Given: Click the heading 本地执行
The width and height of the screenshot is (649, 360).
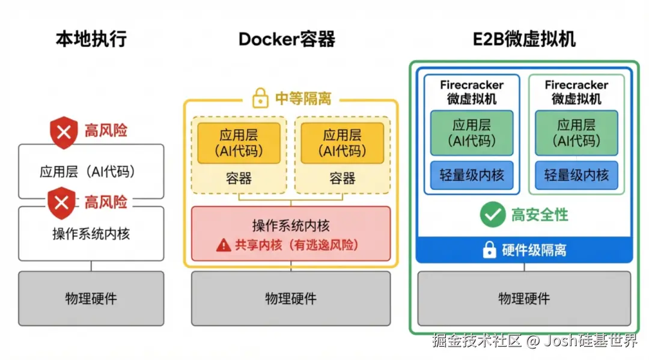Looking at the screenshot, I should coord(91,40).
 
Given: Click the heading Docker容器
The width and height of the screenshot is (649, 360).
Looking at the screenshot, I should coord(287,40).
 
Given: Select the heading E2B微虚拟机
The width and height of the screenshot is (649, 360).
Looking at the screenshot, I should coord(524,40).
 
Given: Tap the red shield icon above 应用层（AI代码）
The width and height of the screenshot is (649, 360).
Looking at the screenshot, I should coord(63,132).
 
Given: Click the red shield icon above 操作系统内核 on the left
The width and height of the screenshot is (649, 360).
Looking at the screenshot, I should coord(62,203).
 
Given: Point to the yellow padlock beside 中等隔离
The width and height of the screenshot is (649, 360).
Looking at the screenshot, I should coord(260,99).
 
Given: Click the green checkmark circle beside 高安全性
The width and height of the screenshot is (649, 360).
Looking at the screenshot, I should coord(492,215).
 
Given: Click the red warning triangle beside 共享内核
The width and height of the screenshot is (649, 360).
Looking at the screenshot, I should coord(224,245).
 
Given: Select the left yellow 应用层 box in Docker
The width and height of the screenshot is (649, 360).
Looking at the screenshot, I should coord(239,143).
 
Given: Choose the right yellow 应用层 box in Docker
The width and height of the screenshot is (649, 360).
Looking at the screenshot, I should coord(342,143).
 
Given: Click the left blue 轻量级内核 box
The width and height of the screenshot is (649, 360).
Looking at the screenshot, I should coord(472,175).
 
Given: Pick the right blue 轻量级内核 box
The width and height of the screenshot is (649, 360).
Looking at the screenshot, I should coord(576,175).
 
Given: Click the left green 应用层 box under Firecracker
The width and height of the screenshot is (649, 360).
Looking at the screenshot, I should coord(472,132).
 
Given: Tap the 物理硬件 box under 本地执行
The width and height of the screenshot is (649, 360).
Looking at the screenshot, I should coord(91,298).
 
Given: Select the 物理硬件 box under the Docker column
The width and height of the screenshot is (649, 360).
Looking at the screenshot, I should coord(290,298).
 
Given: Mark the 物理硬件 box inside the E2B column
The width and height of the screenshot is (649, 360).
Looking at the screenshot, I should coord(524,298).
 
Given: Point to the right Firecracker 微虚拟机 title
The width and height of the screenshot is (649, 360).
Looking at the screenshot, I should coord(576,92).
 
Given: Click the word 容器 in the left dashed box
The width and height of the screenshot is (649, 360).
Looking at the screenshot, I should coord(239,178).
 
